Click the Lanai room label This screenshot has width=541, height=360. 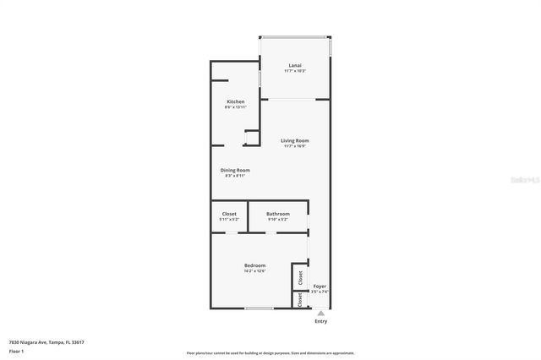point(295,65)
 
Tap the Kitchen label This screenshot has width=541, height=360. point(235,101)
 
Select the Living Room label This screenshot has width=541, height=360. point(295,140)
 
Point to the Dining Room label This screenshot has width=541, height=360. point(235,170)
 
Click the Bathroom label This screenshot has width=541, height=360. point(277,214)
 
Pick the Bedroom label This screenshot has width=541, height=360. point(255,265)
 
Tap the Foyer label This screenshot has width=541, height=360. point(320,286)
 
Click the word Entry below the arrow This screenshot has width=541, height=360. point(320,321)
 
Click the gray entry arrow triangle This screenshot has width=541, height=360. point(320,313)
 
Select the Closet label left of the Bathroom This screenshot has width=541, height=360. point(229,214)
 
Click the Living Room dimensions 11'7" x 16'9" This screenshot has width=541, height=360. point(295,146)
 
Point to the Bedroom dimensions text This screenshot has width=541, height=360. point(255,271)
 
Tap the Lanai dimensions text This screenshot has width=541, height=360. point(295,71)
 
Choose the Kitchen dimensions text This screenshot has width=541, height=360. point(235,107)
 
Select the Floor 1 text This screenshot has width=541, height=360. point(16,351)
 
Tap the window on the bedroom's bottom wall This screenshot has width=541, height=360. point(259,308)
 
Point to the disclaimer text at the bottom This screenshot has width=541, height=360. point(270,352)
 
